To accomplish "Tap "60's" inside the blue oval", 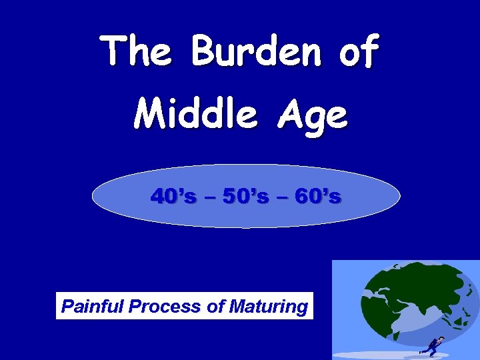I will click(x=318, y=197).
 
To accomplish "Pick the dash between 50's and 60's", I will click(x=282, y=197).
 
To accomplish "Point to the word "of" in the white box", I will click(x=215, y=307).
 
